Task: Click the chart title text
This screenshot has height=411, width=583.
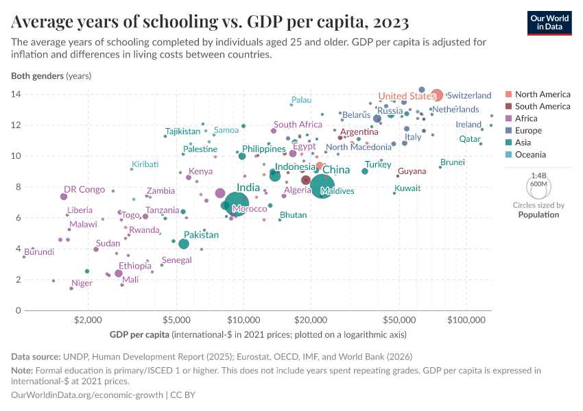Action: (x=211, y=22)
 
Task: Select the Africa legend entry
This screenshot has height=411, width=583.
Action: (x=527, y=119)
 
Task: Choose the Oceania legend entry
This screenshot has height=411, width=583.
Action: (x=530, y=155)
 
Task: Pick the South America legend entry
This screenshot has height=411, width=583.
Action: (x=542, y=106)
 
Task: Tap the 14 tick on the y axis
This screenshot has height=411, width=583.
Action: (x=15, y=94)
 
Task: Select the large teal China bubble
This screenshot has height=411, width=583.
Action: (x=322, y=186)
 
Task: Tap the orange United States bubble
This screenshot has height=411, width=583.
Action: (x=436, y=95)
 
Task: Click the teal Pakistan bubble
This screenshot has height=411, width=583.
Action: (x=184, y=244)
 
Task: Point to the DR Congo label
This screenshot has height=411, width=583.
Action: (x=84, y=190)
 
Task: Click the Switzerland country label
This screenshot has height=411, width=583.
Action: (x=468, y=95)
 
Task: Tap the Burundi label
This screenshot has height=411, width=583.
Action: (x=39, y=252)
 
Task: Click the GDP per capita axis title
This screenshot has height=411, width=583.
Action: (x=141, y=335)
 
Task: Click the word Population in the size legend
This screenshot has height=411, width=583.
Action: (x=538, y=214)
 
